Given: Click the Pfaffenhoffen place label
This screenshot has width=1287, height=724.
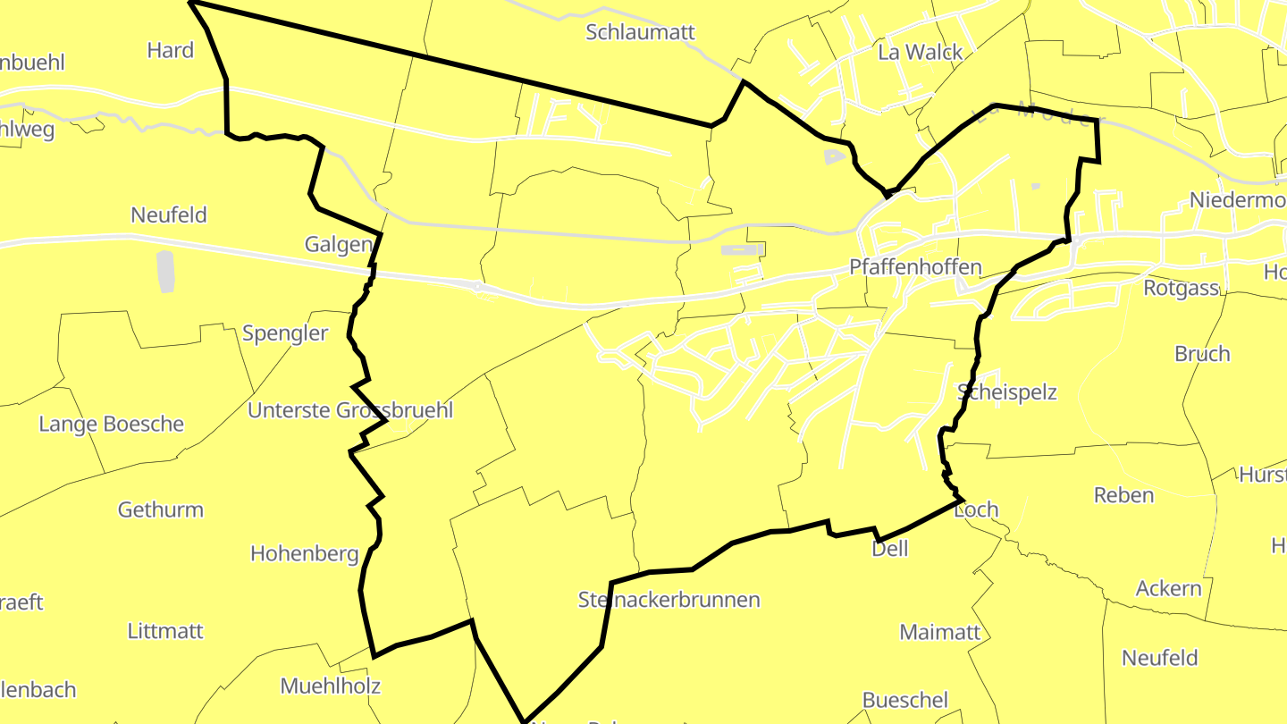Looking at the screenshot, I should pos(915,267).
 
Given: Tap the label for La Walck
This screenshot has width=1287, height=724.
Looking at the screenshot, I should pos(920,52).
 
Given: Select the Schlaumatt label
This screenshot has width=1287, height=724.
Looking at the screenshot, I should pos(640,32).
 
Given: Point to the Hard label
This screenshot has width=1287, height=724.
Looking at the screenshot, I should pos(170,50).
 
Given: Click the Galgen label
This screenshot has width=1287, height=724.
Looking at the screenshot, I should pos(338,245).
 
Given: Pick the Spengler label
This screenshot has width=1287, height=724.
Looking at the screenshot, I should pos(285,333).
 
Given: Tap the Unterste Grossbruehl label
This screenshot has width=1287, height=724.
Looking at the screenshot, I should pos(350,410).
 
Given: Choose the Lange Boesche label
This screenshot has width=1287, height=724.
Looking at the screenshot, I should pos(111,424).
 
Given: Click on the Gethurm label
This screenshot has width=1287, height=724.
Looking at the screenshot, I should pos(161,509).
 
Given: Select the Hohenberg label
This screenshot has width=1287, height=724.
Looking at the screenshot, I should pos(304,553).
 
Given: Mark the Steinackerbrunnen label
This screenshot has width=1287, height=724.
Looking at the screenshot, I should pos(669,600).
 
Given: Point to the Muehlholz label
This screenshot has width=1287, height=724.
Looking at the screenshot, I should pos(330,686).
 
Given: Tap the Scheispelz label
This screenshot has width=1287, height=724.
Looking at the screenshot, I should pos(1006,392).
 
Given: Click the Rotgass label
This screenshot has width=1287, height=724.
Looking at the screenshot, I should pos(1182,288).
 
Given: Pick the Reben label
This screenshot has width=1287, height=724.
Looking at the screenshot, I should pos(1123,495).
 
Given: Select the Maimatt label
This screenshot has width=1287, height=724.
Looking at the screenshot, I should pos(939,632).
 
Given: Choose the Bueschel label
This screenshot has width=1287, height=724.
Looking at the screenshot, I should pos(904,700).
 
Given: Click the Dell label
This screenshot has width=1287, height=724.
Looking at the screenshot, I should pos(889,548).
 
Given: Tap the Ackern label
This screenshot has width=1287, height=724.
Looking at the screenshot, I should pos(1168,589).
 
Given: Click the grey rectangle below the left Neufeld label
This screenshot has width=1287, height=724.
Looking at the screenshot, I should pos(165,272).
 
